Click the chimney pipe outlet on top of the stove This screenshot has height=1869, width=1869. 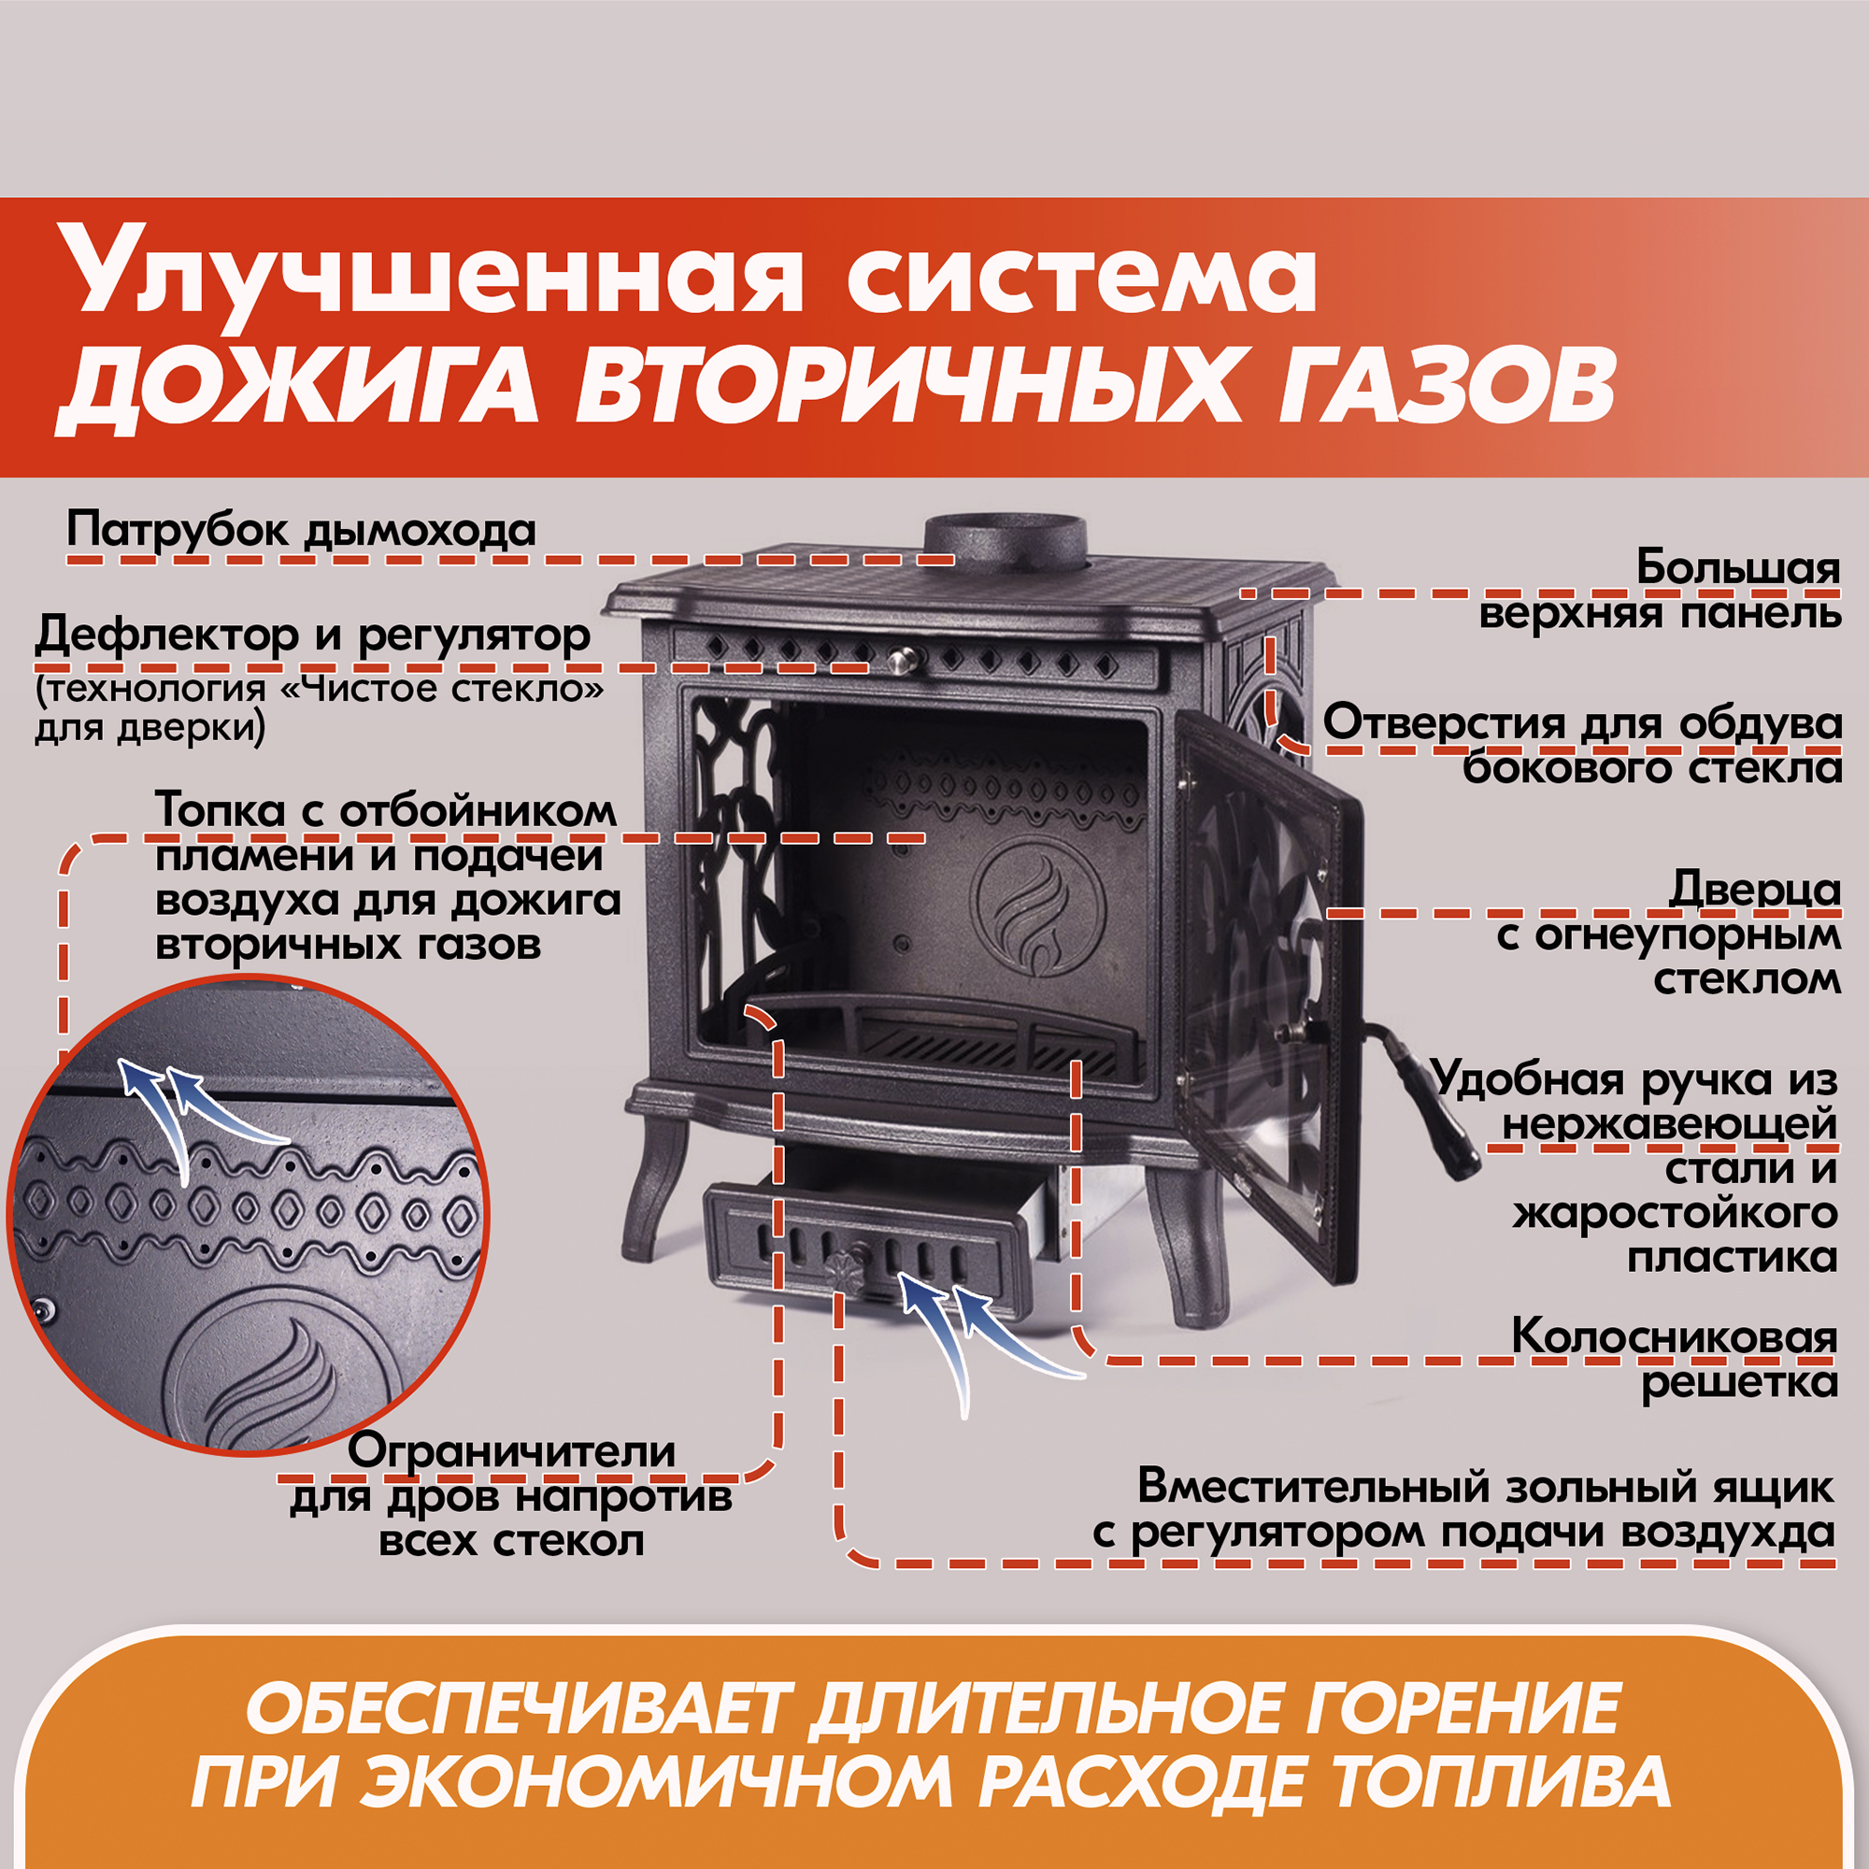point(1006,541)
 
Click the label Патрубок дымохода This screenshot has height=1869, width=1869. point(301,530)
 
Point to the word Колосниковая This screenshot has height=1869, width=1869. point(1674,1338)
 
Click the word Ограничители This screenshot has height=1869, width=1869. point(512,1451)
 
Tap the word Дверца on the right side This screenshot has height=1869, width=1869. point(1755,888)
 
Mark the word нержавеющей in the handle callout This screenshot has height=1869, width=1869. point(1670,1124)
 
